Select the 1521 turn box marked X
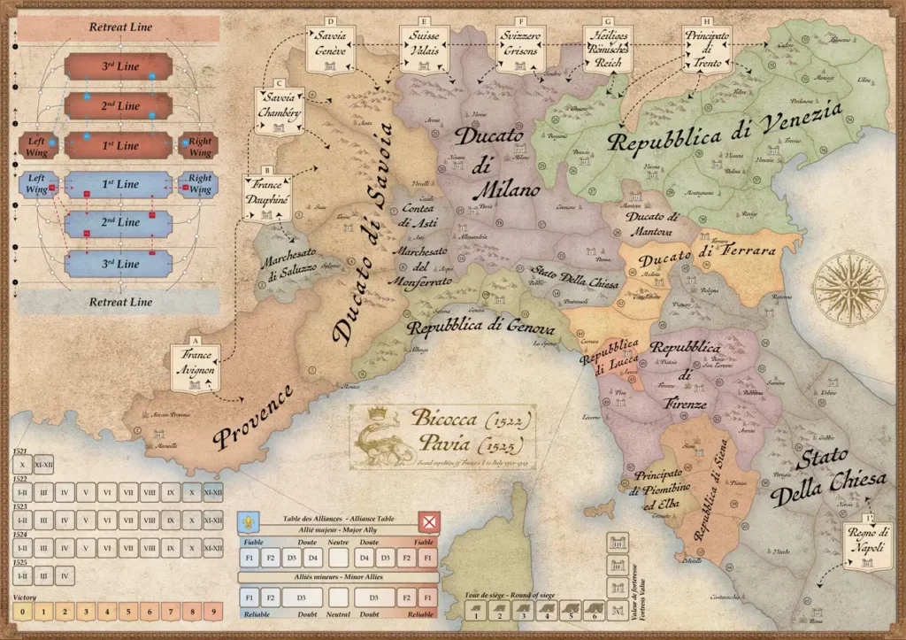click(x=22, y=463)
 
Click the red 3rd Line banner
click(x=119, y=67)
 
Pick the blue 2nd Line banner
click(x=119, y=221)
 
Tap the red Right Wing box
click(x=200, y=145)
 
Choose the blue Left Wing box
click(x=36, y=184)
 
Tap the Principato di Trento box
click(x=706, y=46)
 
